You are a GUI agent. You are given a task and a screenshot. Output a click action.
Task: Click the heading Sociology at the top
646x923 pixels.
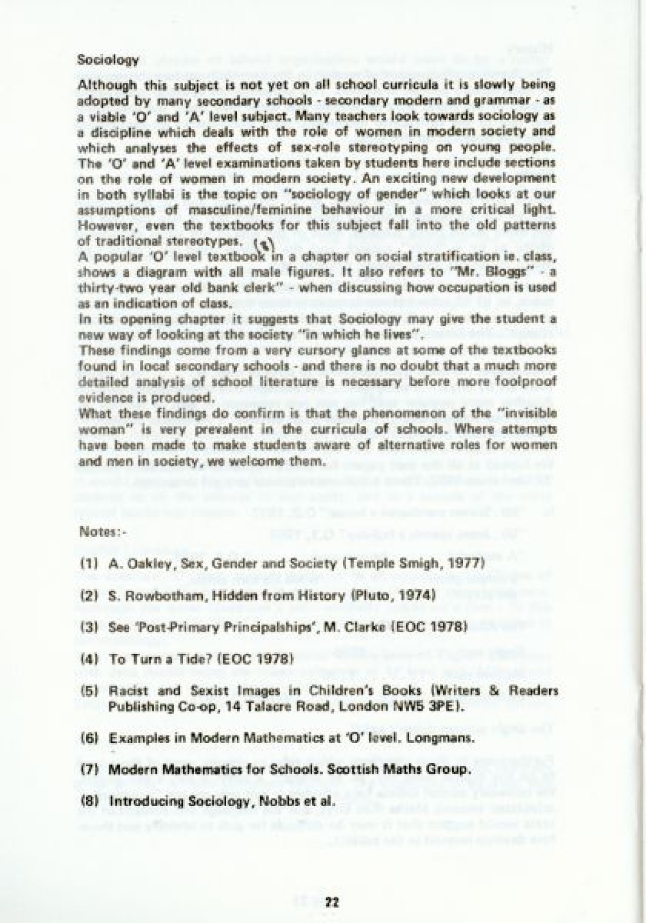click(108, 60)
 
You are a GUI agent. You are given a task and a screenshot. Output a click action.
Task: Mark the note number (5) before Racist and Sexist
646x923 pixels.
click(88, 691)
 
